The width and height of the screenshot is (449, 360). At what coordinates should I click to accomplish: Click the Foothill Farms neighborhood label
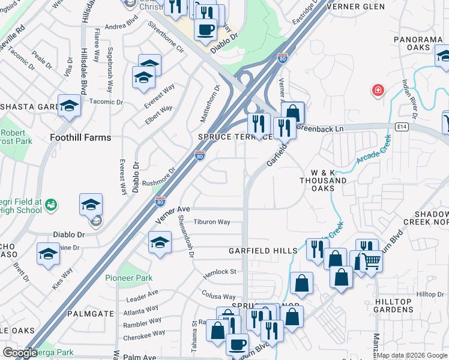pos(81,137)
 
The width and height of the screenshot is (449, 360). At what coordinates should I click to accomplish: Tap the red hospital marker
pos(378,91)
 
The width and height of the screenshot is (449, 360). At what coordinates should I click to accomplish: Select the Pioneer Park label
pos(129,278)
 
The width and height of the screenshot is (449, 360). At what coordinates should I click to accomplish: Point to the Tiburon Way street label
pos(212,222)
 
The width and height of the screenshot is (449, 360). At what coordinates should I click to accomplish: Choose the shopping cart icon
pos(371,262)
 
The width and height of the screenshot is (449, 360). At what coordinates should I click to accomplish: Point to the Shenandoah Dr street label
pos(182,236)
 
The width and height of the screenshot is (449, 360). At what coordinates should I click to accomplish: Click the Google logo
pos(20,353)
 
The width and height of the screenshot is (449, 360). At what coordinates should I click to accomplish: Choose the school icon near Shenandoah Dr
pos(160,242)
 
